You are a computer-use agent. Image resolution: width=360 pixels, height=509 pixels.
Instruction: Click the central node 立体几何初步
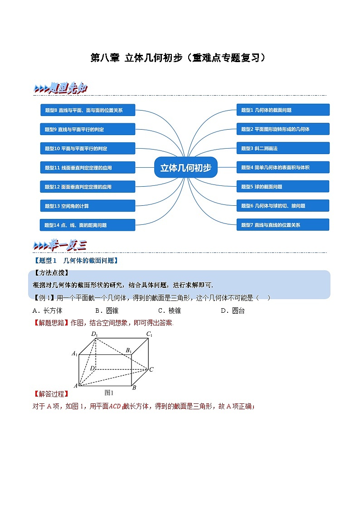pos(186,168)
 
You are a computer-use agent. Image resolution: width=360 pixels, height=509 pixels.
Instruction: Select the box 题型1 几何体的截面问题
pos(282,110)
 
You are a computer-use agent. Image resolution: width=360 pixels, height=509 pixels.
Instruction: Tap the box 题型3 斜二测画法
pos(282,148)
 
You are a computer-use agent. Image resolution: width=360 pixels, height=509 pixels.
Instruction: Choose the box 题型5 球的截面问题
pos(282,186)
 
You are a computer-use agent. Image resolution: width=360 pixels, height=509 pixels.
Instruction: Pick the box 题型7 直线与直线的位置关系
pos(282,225)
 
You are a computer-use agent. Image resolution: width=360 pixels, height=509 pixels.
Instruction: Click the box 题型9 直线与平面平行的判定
pos(88,129)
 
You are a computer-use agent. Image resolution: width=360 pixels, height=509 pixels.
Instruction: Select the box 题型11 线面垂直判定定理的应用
pos(88,168)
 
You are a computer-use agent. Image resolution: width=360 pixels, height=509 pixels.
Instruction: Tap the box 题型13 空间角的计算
pos(88,206)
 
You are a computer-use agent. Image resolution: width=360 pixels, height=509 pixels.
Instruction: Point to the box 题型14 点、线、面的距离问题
pos(88,225)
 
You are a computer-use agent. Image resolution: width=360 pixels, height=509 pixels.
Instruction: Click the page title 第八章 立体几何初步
pos(178,58)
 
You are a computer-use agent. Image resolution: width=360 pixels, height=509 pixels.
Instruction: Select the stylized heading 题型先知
pos(61,89)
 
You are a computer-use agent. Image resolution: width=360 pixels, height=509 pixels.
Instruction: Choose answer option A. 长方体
pos(47,310)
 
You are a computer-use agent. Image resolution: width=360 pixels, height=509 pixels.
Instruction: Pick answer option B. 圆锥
pos(106,310)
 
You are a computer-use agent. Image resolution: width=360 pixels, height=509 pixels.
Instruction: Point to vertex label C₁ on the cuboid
pos(149,334)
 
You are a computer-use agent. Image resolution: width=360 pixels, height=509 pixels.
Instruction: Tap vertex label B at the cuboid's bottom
pos(134,388)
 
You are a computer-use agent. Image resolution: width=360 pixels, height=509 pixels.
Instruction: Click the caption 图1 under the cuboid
pos(109,393)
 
